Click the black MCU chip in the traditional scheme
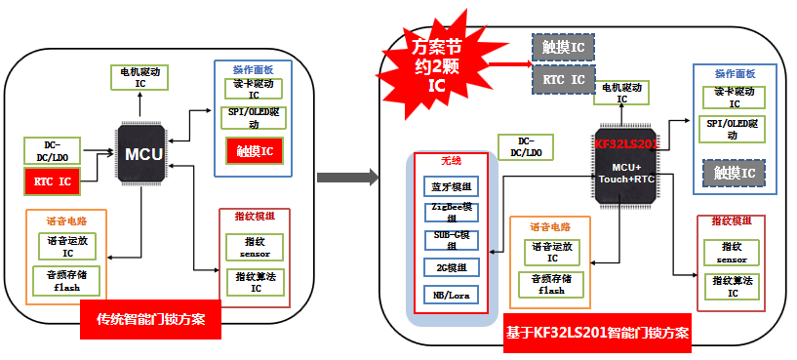tap(142, 154)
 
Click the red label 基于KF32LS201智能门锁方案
tap(597, 333)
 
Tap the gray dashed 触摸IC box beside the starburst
tap(563, 47)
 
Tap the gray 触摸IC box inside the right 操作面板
tap(734, 174)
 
